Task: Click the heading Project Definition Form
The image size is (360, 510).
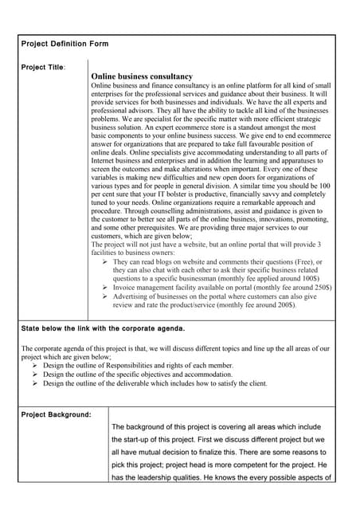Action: pyautogui.click(x=65, y=44)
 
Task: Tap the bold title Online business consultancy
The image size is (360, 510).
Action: pyautogui.click(x=143, y=76)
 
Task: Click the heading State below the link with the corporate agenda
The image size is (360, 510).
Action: pyautogui.click(x=103, y=328)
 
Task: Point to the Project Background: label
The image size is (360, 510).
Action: pyautogui.click(x=56, y=414)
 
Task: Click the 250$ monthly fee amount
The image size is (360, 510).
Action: pyautogui.click(x=319, y=287)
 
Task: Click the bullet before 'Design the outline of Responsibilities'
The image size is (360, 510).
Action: pyautogui.click(x=36, y=365)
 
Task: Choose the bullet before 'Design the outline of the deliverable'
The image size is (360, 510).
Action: pyautogui.click(x=36, y=383)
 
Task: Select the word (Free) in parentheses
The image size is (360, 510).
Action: pyautogui.click(x=305, y=261)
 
